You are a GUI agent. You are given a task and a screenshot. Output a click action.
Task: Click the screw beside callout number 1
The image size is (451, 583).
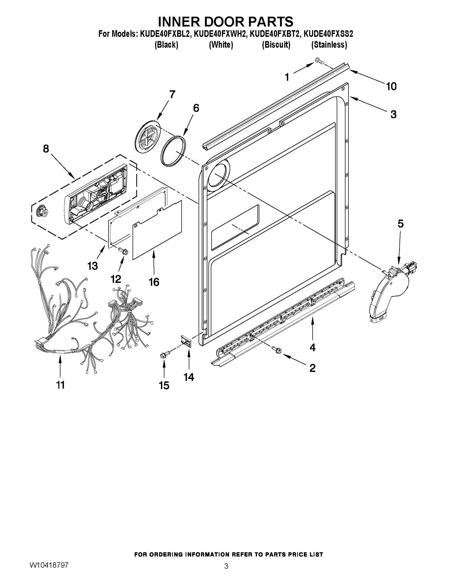click(x=319, y=61)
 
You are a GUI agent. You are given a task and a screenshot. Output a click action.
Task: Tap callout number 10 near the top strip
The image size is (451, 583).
click(x=391, y=86)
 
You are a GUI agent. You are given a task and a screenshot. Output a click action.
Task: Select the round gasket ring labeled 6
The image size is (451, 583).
click(x=173, y=151)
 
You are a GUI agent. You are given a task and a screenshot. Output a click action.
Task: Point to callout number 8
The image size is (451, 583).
click(x=46, y=149)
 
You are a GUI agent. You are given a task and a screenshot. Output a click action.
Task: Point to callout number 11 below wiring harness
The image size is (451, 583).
click(x=60, y=385)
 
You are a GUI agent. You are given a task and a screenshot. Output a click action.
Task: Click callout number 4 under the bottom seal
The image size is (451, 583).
click(x=312, y=347)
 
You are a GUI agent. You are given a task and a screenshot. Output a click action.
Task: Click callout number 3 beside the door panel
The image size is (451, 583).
click(x=393, y=114)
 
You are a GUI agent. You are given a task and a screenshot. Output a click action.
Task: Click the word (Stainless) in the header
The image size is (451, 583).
click(x=329, y=44)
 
